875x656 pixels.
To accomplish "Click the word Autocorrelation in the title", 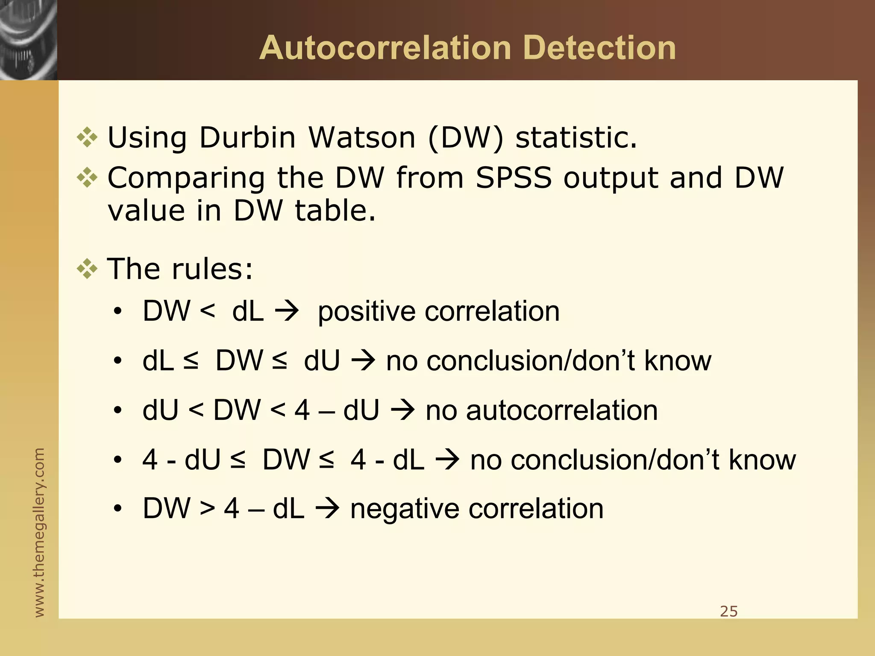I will click(x=385, y=48).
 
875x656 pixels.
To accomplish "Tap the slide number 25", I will click(x=728, y=612).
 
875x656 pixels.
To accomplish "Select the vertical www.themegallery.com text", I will click(x=39, y=532).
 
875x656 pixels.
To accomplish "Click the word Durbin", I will click(x=247, y=138).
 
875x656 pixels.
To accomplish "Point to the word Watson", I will click(x=362, y=138).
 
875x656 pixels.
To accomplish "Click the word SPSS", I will click(x=513, y=178).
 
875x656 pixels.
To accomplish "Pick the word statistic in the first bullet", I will click(x=576, y=138).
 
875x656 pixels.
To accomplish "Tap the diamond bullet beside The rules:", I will click(x=87, y=269).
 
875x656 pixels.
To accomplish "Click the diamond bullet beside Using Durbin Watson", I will click(x=87, y=138).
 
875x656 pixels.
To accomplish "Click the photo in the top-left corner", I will click(x=28, y=40).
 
